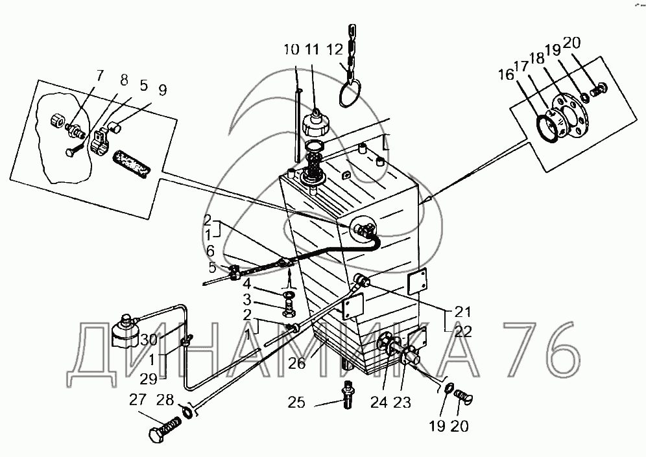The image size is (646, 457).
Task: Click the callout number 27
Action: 138,400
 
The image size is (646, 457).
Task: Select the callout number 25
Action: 296,403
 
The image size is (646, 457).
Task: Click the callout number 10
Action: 291,49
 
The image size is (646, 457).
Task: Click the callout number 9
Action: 163,90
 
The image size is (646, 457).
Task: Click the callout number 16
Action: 506,75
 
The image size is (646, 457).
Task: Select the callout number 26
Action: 296,364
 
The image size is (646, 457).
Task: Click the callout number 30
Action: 149,340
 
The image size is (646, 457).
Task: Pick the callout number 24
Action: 379,403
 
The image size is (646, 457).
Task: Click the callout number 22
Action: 462,331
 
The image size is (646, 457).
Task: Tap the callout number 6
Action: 210,251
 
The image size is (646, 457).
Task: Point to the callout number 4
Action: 246,284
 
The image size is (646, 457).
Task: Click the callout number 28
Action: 165,400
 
